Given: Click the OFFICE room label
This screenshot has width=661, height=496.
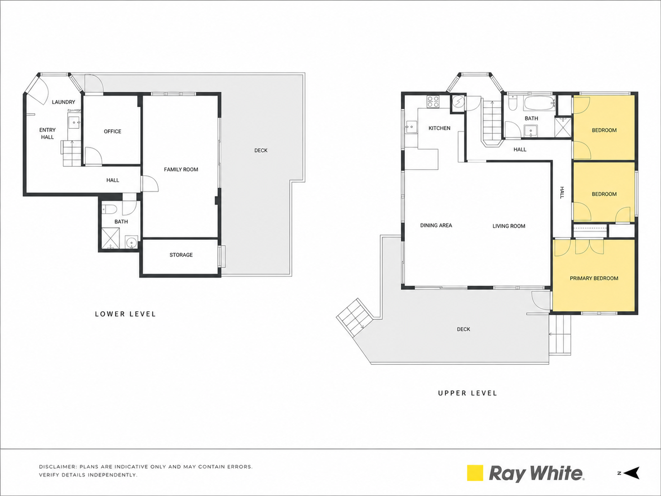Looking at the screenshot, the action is [x=112, y=131].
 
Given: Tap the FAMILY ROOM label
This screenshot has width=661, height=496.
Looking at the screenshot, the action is [x=181, y=169].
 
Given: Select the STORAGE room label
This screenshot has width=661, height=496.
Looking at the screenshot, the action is [x=181, y=255].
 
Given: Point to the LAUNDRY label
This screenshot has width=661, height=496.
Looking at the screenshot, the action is [x=63, y=102].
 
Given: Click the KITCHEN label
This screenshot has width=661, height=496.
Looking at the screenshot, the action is [x=439, y=128].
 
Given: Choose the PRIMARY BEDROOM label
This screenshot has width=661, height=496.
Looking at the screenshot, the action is [x=594, y=278].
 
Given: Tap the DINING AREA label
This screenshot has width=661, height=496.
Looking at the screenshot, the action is [x=436, y=225].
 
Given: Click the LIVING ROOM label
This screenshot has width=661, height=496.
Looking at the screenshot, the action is [x=509, y=226].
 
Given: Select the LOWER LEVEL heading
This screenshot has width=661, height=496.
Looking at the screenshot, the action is [x=125, y=314].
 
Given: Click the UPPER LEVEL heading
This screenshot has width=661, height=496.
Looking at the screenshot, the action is [x=467, y=393].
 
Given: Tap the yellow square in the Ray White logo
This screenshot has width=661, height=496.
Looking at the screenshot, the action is [x=475, y=473].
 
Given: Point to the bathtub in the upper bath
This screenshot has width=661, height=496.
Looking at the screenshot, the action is [x=539, y=104].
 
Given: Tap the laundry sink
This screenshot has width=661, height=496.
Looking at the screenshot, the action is [x=74, y=122].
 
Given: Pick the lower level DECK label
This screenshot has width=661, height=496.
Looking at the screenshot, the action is [x=261, y=150].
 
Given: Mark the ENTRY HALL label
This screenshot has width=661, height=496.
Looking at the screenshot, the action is [x=47, y=133].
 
